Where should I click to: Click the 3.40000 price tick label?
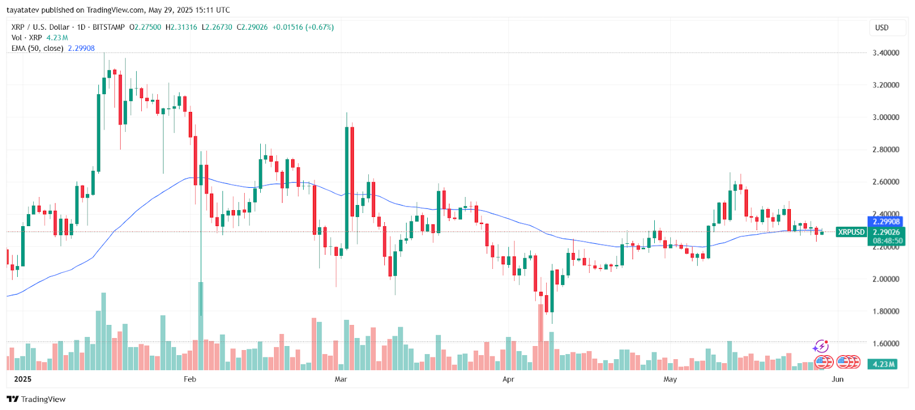885,53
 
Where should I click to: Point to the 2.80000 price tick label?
885,150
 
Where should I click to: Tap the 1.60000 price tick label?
885,344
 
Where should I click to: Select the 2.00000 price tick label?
885,279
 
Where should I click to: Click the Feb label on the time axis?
190,379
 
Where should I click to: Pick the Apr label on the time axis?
508,379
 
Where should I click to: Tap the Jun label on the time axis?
837,379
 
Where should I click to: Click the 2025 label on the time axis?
23,379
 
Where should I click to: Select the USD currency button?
882,27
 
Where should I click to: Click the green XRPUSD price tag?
851,232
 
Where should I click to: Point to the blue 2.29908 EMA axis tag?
886,222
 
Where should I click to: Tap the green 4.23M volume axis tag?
884,364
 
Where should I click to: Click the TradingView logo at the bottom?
36,399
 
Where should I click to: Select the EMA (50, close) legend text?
37,49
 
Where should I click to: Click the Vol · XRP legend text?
27,38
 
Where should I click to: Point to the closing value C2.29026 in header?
252,27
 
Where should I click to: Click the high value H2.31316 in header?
181,27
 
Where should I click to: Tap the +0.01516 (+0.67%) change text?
303,27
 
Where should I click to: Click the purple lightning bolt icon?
821,347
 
